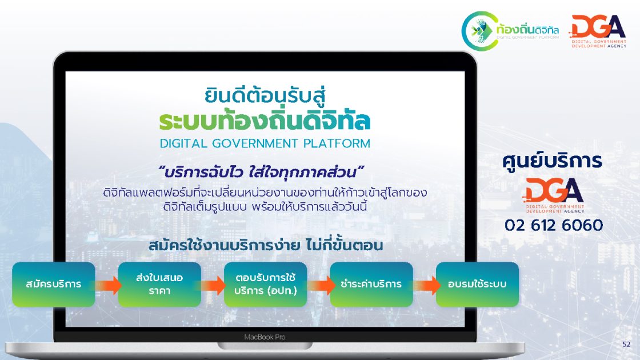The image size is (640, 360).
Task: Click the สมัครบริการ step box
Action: (54, 284)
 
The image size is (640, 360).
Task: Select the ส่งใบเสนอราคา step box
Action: (159, 284)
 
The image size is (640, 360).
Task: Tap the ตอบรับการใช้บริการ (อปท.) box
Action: (265, 284)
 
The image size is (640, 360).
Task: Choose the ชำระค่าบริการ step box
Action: (371, 284)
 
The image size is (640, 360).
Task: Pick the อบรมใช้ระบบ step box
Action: (477, 284)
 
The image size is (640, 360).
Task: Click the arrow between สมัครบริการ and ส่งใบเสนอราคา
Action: (108, 285)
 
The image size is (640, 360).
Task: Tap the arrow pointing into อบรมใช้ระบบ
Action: (426, 285)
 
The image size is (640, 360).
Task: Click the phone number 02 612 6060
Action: (554, 225)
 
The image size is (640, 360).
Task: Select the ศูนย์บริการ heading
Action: (552, 161)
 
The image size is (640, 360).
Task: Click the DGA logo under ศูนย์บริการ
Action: (554, 195)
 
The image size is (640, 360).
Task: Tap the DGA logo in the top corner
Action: (597, 31)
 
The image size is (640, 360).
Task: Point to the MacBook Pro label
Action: (265, 337)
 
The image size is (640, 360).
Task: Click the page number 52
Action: (626, 345)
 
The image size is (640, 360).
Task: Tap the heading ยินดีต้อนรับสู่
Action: (265, 95)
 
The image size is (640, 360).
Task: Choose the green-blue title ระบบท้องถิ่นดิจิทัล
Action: (265, 121)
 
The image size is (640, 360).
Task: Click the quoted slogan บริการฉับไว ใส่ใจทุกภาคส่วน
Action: (262, 173)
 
